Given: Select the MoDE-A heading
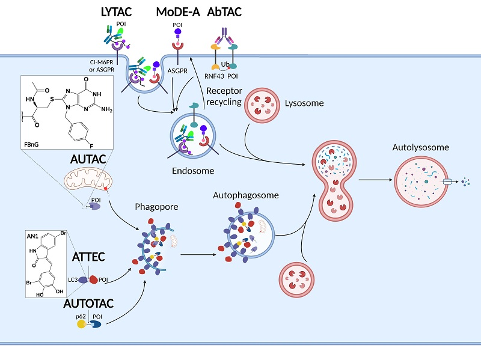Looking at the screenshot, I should tap(177, 12).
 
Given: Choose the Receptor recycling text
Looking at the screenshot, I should tap(224, 96).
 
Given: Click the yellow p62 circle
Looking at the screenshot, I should tap(82, 324).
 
